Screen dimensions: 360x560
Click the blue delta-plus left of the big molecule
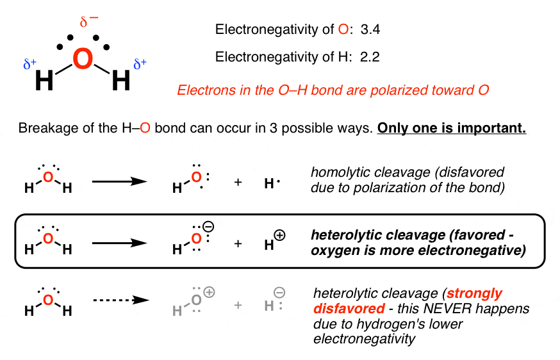tap(29, 64)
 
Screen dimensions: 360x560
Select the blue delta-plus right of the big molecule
tap(140, 63)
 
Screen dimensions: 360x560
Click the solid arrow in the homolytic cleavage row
tap(120, 183)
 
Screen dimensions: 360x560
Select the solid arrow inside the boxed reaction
tap(120, 244)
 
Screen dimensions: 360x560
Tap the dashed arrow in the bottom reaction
tap(120, 305)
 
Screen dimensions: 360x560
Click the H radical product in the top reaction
tap(270, 183)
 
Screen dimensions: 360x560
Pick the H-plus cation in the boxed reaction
tap(274, 243)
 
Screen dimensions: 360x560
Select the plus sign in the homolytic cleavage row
tap(238, 183)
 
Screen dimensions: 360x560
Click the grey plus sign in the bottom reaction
tap(238, 305)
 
